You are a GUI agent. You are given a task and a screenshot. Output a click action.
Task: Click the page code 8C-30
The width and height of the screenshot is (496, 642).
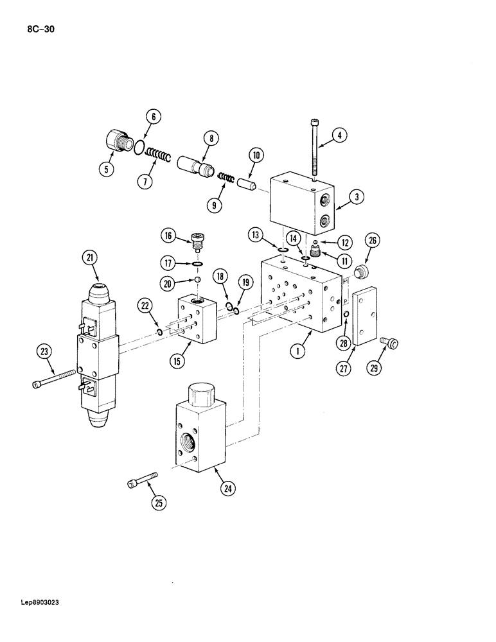pyautogui.click(x=40, y=28)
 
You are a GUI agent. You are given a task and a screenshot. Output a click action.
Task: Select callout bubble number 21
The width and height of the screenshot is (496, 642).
pyautogui.click(x=89, y=258)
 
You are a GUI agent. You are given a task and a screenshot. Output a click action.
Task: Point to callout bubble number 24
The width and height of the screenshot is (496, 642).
pyautogui.click(x=227, y=489)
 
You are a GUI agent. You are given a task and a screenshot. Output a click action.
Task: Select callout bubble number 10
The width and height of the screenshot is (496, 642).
pyautogui.click(x=255, y=154)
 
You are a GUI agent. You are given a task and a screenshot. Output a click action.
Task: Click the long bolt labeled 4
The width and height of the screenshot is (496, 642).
pyautogui.click(x=314, y=147)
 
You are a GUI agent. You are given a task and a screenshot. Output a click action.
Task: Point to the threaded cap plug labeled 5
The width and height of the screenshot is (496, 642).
pyautogui.click(x=116, y=141)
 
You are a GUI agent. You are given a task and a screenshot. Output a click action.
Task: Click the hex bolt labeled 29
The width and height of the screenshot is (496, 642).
pyautogui.click(x=389, y=344)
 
